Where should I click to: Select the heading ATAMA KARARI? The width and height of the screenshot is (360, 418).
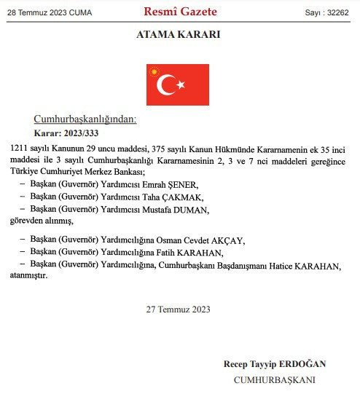[x=179, y=35]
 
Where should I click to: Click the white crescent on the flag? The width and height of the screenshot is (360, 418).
[x=167, y=86]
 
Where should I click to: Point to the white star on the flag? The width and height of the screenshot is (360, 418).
[x=181, y=86]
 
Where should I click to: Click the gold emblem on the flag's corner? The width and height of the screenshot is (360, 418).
[x=154, y=71]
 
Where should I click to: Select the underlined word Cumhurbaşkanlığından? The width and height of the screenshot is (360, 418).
[x=85, y=119]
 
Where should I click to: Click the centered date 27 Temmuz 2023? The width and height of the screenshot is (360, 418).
[x=179, y=309]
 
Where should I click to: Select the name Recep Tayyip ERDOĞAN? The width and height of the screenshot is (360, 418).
[x=275, y=364]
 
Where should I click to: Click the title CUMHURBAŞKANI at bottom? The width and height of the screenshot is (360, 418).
[x=275, y=380]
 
